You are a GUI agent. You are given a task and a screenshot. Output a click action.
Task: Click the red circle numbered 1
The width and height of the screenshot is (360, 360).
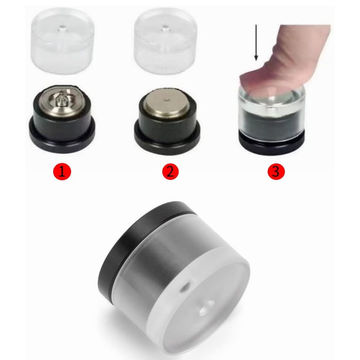tap(62, 171)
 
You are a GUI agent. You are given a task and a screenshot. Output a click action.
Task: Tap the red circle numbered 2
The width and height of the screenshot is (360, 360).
tap(171, 171)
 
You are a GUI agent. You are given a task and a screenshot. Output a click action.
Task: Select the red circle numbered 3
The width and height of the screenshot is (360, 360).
tap(276, 171)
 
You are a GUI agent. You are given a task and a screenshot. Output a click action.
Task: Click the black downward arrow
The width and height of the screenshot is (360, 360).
tap(256, 43)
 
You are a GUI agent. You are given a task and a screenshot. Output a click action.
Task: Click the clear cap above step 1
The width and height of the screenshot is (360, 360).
tap(63, 41)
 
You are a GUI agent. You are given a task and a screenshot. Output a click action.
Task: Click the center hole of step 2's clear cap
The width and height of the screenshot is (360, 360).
tap(165, 29)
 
